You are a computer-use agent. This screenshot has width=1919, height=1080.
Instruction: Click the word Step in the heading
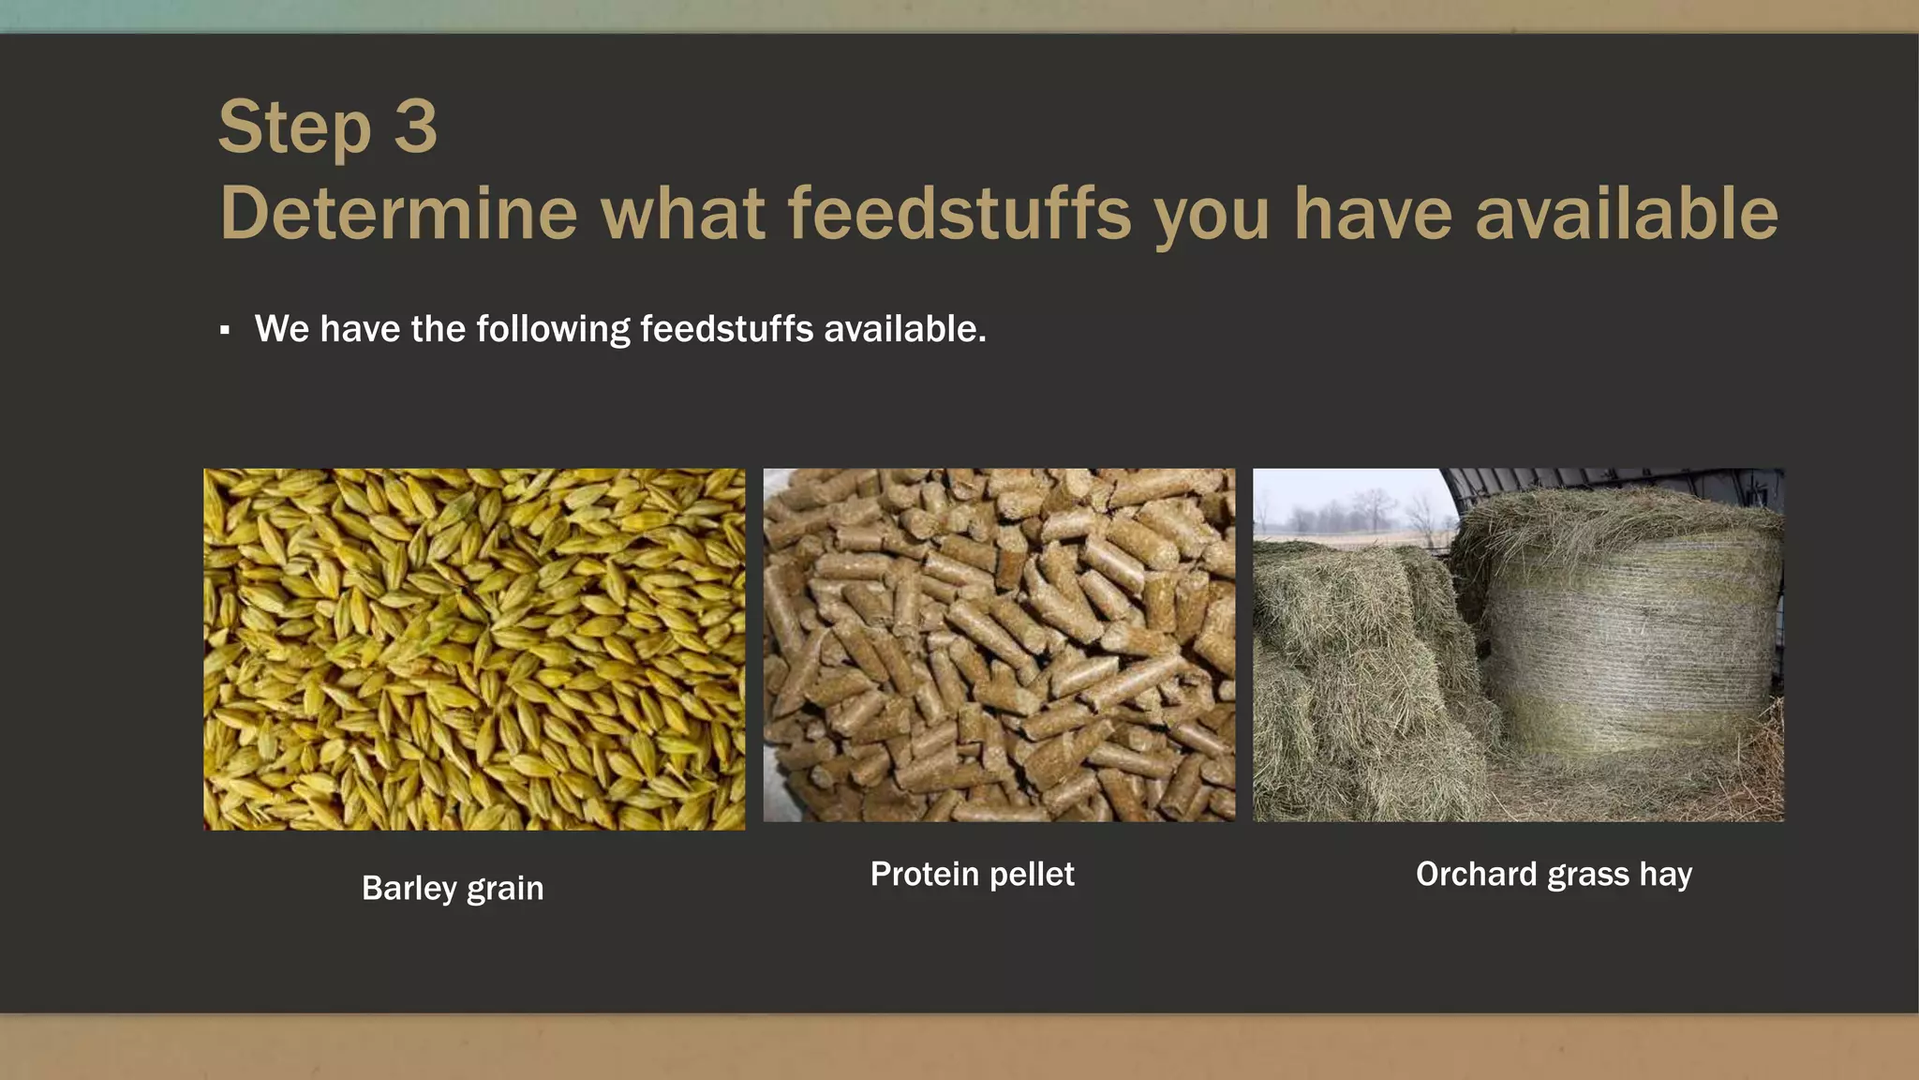click(x=295, y=127)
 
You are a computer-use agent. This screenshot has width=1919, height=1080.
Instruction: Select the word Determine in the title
click(x=398, y=214)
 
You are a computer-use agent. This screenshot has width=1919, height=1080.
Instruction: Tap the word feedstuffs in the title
click(x=959, y=214)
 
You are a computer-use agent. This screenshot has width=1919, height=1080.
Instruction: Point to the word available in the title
click(x=1627, y=214)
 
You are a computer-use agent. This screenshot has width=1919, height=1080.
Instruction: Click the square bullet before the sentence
click(x=225, y=330)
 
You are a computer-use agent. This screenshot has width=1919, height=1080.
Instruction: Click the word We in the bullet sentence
click(x=281, y=329)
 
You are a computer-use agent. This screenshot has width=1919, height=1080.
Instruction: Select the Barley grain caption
click(x=453, y=888)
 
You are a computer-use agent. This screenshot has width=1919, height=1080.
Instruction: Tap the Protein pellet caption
click(x=972, y=874)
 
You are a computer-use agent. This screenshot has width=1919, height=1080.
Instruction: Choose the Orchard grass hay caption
click(x=1554, y=874)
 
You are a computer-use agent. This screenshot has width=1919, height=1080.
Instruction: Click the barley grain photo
click(x=474, y=649)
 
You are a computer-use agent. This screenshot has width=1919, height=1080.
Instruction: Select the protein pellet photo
click(x=999, y=645)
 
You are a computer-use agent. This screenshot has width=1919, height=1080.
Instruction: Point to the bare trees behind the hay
click(x=1349, y=511)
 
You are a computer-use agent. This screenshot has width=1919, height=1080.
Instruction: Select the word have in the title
click(x=1373, y=214)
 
